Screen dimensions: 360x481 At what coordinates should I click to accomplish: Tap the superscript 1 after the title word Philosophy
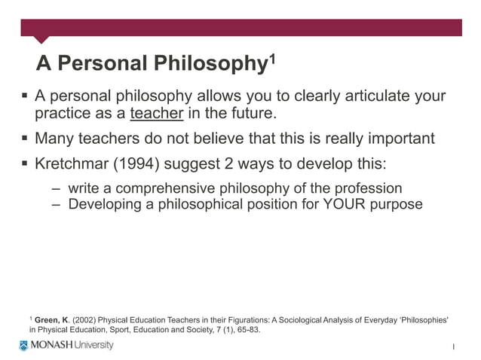click(x=270, y=56)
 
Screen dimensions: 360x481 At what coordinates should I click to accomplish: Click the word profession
click(x=366, y=188)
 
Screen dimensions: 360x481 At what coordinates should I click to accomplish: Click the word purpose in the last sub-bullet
click(x=396, y=204)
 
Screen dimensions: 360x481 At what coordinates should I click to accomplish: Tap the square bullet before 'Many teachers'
click(x=24, y=139)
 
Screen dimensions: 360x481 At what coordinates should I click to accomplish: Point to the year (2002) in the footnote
click(x=84, y=320)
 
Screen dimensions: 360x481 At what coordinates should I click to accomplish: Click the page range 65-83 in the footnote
click(x=244, y=330)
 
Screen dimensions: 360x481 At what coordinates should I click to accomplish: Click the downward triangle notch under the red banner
click(x=41, y=39)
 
